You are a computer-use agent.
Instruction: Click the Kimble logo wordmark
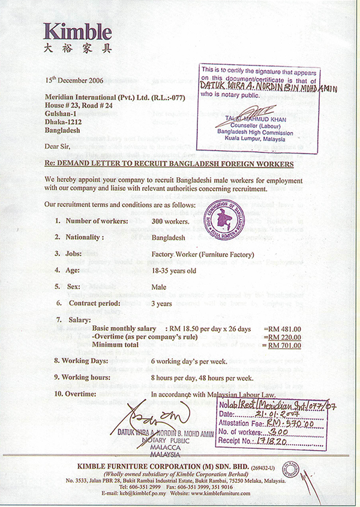(77, 32)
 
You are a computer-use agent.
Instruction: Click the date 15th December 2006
(78, 80)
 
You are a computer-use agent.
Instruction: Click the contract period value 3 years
(163, 304)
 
